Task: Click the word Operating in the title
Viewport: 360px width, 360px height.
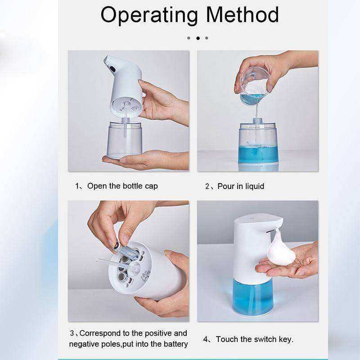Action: [149, 16]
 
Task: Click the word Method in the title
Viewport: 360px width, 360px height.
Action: [243, 14]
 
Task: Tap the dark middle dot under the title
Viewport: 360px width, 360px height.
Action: [198, 38]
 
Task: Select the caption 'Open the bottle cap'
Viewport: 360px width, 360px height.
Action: [122, 186]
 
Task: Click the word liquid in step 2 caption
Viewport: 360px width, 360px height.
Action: [253, 186]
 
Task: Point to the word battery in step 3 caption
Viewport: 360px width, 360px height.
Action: [175, 344]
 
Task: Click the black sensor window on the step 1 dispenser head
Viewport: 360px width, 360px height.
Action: [112, 69]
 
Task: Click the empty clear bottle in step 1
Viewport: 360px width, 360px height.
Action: [124, 139]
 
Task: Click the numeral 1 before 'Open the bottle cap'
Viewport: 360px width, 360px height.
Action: [77, 186]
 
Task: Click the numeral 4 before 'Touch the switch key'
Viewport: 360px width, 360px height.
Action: [206, 339]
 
